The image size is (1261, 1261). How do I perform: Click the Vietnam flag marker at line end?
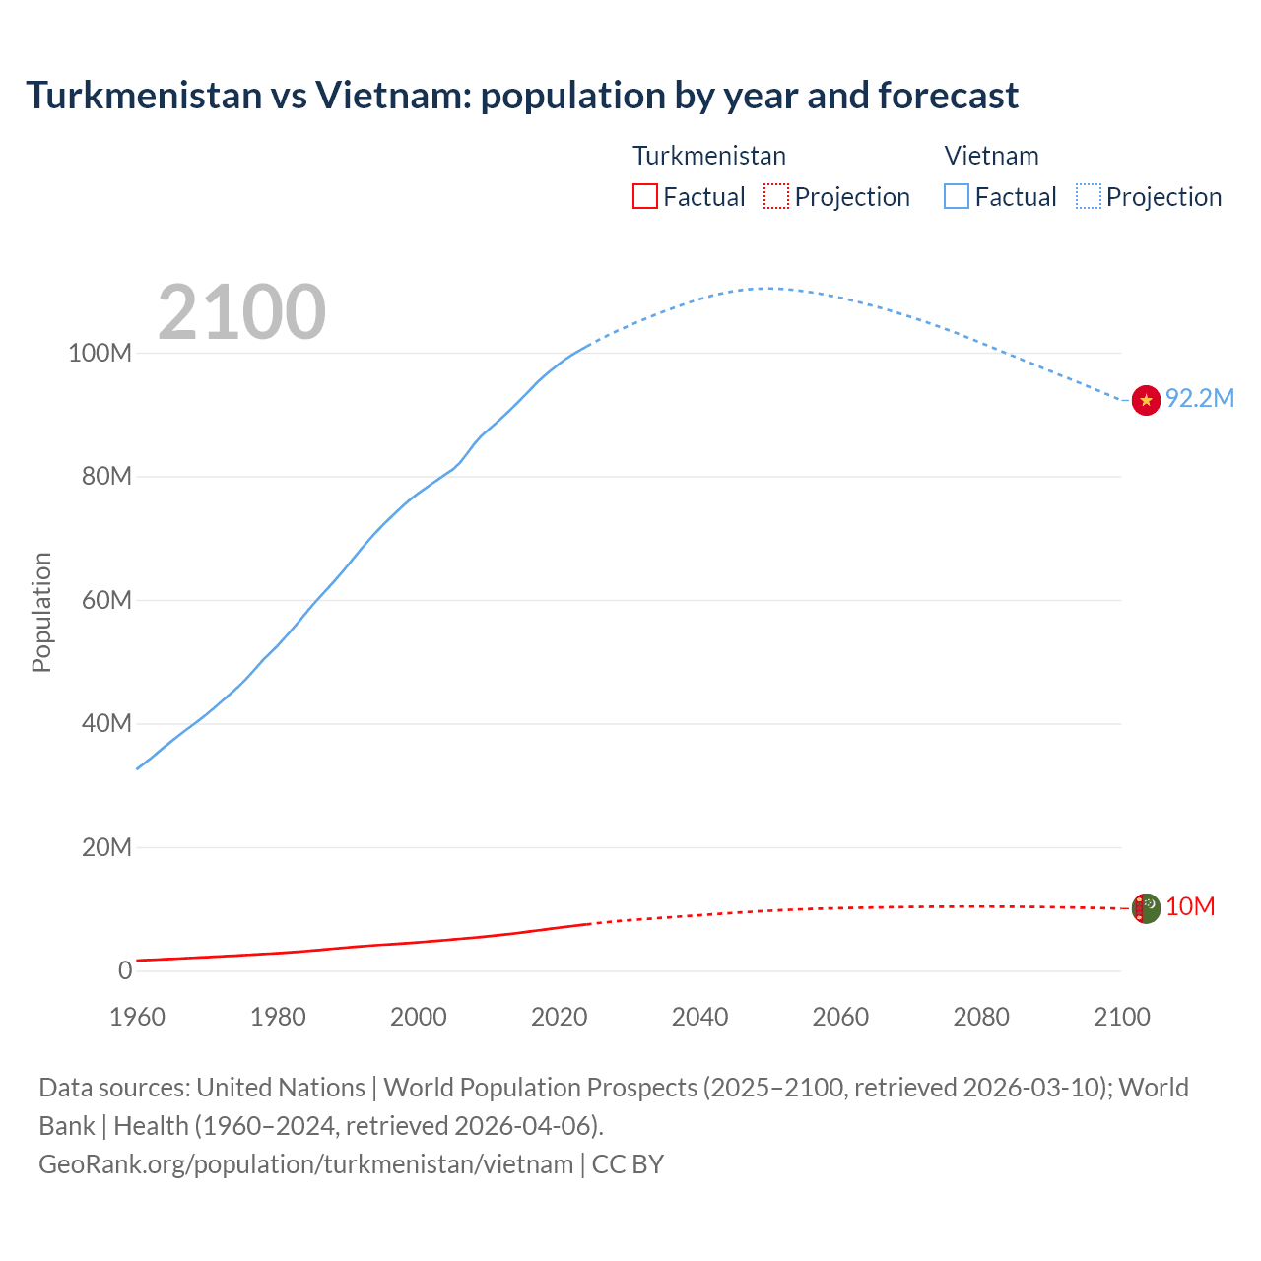(x=1146, y=400)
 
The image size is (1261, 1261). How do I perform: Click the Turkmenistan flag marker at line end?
(x=1146, y=907)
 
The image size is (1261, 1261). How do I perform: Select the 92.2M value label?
(x=1199, y=398)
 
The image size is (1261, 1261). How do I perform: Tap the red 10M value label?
(x=1190, y=906)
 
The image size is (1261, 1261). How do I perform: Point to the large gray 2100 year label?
(x=241, y=312)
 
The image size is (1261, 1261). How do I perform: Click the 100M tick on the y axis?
(x=100, y=354)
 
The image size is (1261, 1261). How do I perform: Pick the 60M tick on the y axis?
(x=106, y=601)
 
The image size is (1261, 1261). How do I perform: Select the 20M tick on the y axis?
(x=106, y=848)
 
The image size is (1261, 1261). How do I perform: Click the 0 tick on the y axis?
(x=125, y=971)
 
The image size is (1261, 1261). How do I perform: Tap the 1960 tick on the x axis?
(x=137, y=1017)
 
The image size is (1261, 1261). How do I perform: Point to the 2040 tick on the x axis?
(x=699, y=1017)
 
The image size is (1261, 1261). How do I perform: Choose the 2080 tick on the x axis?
(x=981, y=1017)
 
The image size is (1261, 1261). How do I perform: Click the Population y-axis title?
(x=41, y=612)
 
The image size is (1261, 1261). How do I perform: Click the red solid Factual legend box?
(x=644, y=196)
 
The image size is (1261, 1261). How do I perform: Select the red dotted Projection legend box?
(x=776, y=196)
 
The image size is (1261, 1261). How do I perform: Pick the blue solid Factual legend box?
(x=957, y=196)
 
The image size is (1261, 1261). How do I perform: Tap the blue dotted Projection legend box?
(x=1088, y=196)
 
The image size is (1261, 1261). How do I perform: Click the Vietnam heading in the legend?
(x=991, y=156)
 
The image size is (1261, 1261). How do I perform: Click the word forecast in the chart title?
(x=948, y=96)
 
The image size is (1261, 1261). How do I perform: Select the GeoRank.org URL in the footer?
(x=305, y=1164)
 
